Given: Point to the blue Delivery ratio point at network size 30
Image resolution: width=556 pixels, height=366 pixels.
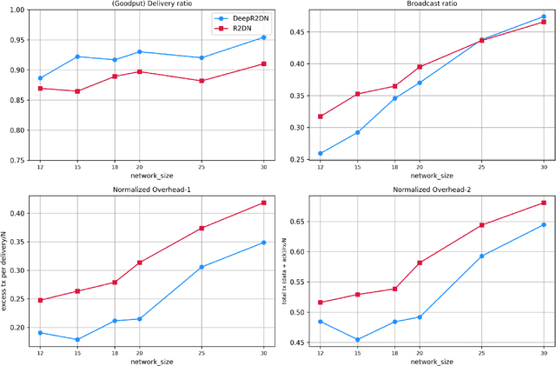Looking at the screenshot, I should pos(263,37).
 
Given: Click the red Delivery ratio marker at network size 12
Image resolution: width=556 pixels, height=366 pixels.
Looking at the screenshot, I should pos(41,89).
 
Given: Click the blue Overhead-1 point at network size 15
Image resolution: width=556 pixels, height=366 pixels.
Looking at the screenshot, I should pos(77,340).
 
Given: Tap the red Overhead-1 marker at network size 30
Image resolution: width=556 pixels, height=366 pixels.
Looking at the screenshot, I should pos(263,203).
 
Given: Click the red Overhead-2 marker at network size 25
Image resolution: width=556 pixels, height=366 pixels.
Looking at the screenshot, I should pos(481,225).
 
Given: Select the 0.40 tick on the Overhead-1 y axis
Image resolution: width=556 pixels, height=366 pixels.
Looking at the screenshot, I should pos(19,213).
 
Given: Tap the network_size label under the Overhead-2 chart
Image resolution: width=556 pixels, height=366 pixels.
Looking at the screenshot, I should pos(420,361).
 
